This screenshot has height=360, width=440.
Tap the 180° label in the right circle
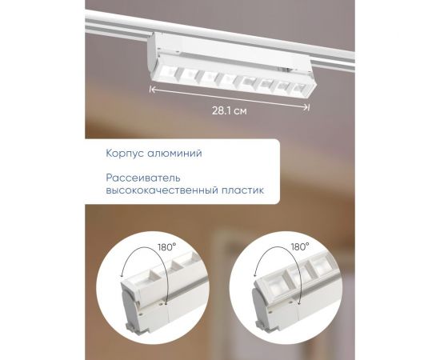click(300, 248)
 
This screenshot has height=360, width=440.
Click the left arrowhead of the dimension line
click(152, 90)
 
